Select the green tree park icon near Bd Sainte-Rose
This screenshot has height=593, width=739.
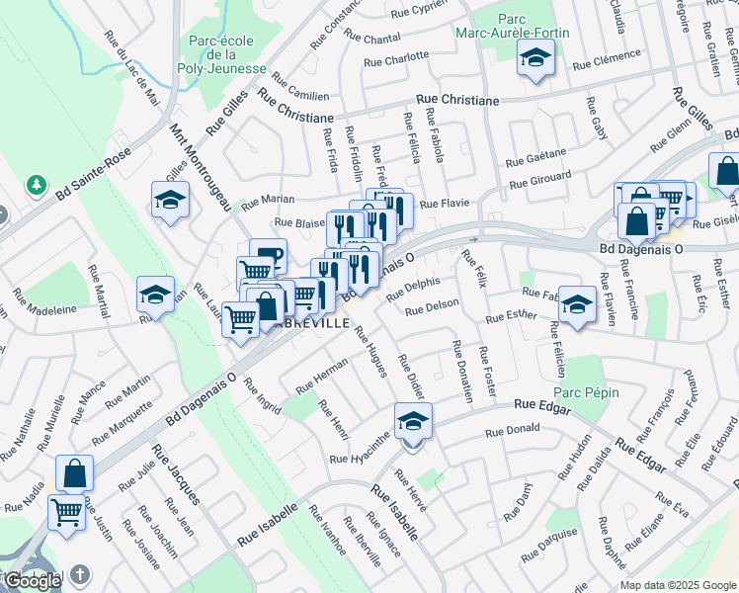pyautogui.click(x=37, y=185)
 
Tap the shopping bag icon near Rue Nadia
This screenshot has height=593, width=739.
pyautogui.click(x=74, y=473)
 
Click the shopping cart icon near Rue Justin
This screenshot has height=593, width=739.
pyautogui.click(x=66, y=513)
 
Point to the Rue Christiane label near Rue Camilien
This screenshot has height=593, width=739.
pyautogui.click(x=295, y=108)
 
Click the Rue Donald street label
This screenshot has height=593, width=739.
pyautogui.click(x=512, y=431)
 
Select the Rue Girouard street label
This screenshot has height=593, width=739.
pyautogui.click(x=540, y=180)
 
